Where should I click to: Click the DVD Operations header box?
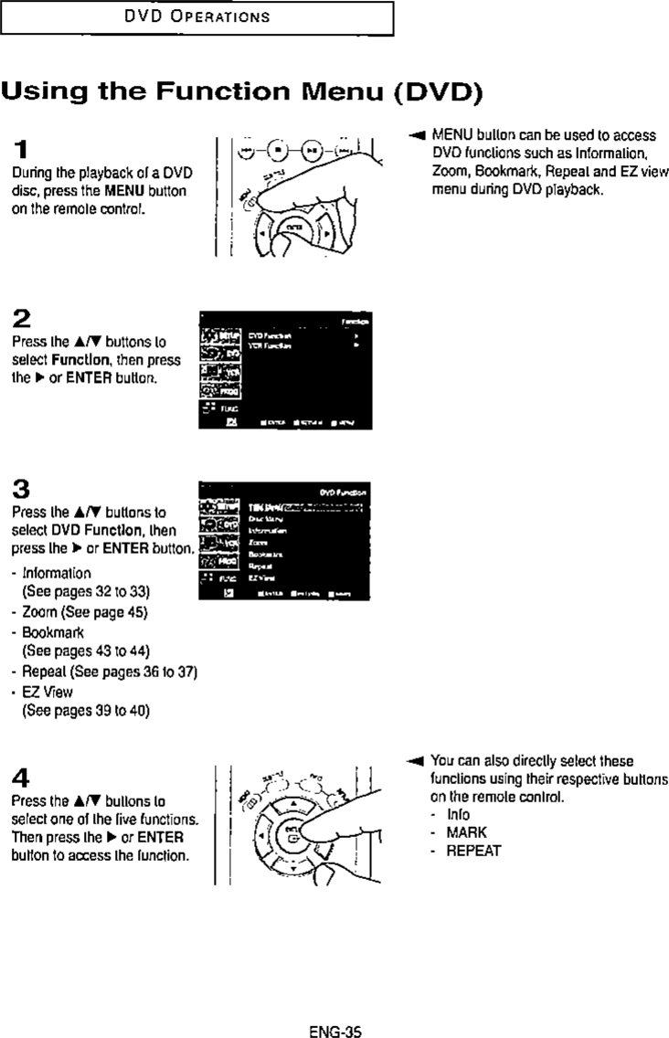point(196,16)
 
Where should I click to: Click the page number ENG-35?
point(335,1008)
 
